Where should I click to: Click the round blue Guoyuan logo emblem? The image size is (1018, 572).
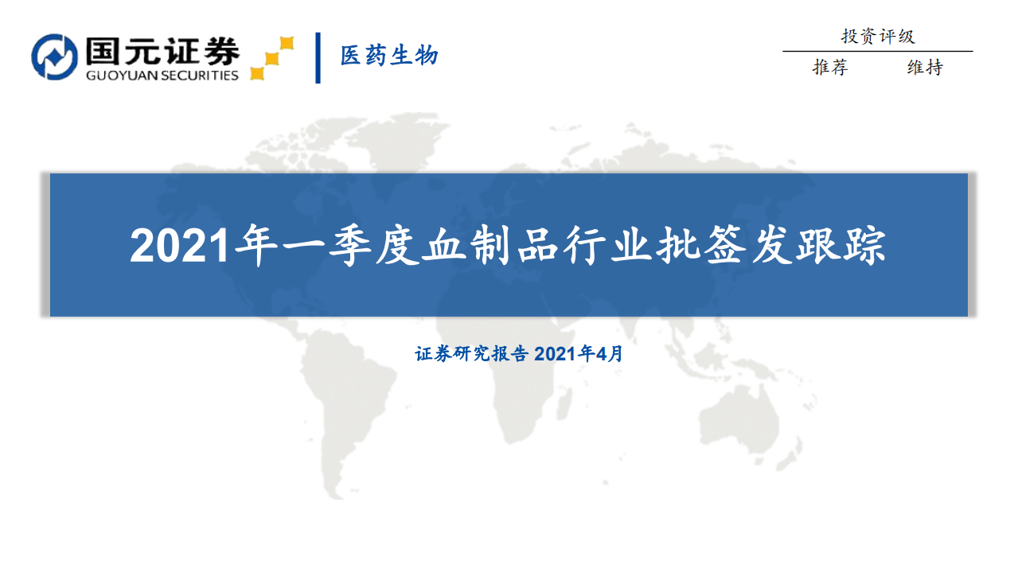tap(54, 57)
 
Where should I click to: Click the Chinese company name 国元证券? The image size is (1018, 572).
tap(162, 52)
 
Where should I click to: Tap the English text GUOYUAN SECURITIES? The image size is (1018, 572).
tap(162, 76)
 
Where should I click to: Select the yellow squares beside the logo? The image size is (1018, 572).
tap(271, 58)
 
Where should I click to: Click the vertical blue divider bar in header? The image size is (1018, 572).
tap(318, 57)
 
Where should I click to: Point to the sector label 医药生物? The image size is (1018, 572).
tap(389, 56)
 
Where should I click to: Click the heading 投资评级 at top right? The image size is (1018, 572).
tap(877, 37)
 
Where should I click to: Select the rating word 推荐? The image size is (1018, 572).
tap(830, 68)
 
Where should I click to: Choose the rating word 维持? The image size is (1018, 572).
tap(925, 68)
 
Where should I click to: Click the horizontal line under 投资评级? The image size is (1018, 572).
tap(877, 52)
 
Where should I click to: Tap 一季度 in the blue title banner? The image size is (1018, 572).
tap(344, 247)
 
